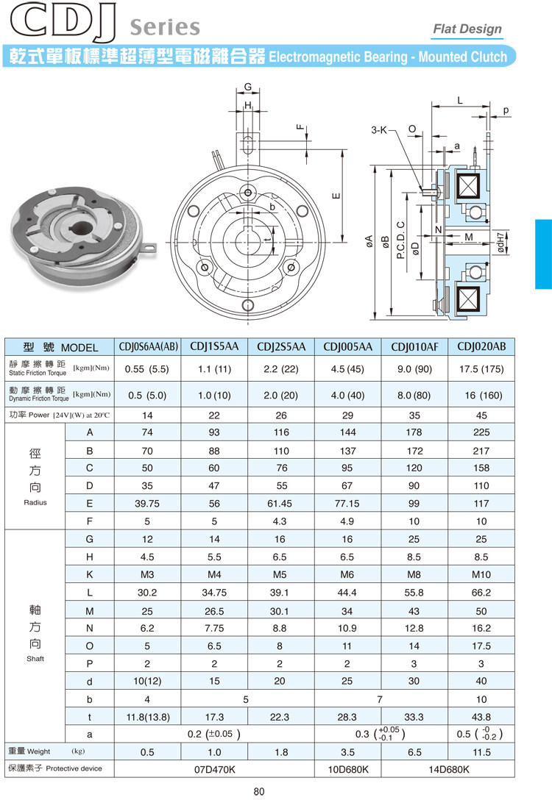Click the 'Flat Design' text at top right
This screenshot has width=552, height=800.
tap(467, 29)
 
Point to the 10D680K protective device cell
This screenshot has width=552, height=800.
tap(347, 769)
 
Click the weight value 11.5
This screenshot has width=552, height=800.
tap(481, 751)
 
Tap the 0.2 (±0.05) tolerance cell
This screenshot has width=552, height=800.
tap(213, 734)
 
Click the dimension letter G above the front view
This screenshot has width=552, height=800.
tap(248, 87)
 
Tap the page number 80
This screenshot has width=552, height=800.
tap(258, 791)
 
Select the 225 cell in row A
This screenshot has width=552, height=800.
tap(481, 432)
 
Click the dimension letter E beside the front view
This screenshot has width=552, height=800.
tap(336, 196)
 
